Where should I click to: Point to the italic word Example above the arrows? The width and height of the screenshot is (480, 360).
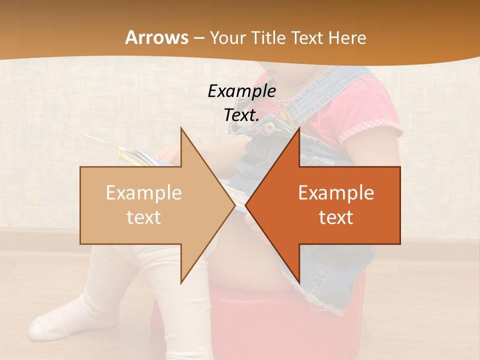241,91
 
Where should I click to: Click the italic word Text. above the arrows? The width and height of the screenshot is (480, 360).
241,115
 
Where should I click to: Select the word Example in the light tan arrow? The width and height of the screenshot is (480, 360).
144,193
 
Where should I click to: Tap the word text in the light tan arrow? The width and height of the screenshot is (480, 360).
144,217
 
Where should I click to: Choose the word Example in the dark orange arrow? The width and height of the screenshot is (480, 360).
336,193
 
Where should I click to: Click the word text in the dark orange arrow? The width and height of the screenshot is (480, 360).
336,217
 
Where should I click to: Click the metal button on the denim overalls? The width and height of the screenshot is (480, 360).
269,127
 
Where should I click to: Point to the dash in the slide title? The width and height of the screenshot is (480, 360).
198,37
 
